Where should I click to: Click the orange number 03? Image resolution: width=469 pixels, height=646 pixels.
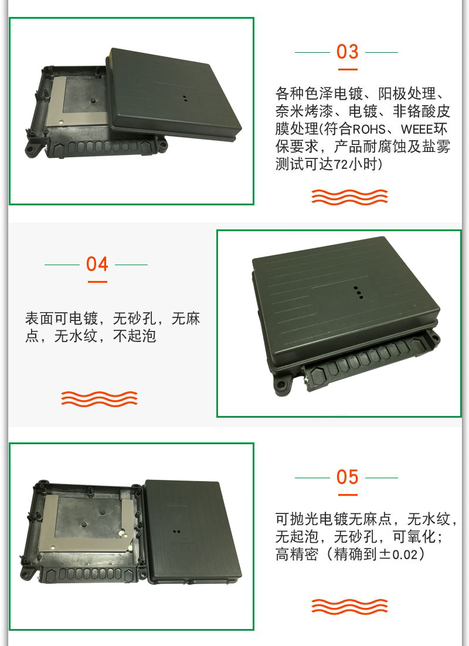click(x=348, y=52)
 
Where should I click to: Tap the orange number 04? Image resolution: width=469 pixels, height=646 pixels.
click(x=97, y=264)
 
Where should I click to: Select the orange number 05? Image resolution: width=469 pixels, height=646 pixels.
click(x=348, y=477)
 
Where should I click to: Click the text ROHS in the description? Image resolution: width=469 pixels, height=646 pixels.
click(x=369, y=129)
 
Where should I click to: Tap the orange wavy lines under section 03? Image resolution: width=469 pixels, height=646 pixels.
click(x=349, y=197)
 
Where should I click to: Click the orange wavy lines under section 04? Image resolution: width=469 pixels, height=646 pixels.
click(x=99, y=399)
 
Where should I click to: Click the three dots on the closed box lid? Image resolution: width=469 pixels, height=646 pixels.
click(x=358, y=291)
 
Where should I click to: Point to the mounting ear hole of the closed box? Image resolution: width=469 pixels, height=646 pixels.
click(x=281, y=385)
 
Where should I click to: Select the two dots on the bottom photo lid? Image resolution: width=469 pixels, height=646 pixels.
click(x=176, y=532)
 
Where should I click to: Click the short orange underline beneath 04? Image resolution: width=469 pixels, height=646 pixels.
click(x=97, y=282)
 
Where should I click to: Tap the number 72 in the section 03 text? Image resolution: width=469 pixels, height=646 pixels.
click(x=341, y=165)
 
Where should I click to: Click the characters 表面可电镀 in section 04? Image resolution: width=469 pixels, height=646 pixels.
click(x=62, y=319)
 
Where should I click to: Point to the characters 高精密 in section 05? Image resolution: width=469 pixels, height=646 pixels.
click(x=297, y=554)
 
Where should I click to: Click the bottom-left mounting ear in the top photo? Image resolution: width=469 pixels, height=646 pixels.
click(x=33, y=148)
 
